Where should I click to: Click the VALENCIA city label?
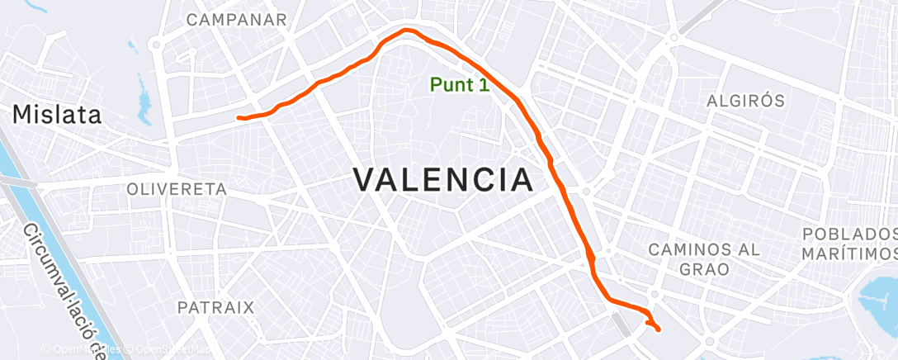coord(442,179)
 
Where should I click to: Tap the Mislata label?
coord(57,115)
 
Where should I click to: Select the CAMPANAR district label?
coord(237,20)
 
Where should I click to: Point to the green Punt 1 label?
coord(460,84)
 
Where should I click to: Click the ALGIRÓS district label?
coord(745,101)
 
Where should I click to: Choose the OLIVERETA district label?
coord(177,189)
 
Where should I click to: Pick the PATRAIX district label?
coord(215,307)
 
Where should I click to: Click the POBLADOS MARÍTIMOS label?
coord(849,243)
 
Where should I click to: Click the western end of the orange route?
coord(239,118)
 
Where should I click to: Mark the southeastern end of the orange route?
coord(659,330)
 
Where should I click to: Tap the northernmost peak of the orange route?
coord(406,31)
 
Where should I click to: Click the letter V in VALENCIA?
coord(366,179)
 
